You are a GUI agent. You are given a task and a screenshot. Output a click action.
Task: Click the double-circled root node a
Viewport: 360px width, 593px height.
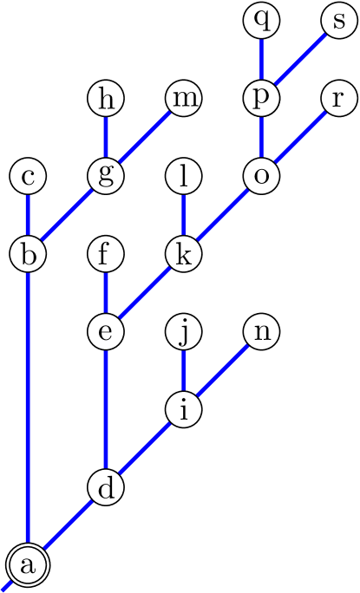[28, 566]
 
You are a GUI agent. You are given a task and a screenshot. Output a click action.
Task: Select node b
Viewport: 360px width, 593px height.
[28, 255]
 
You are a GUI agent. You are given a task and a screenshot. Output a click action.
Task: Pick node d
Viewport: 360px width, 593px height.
[106, 488]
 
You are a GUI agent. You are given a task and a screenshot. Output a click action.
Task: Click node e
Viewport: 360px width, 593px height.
[106, 332]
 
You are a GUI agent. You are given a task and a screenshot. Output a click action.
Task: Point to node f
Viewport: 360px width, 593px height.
[106, 255]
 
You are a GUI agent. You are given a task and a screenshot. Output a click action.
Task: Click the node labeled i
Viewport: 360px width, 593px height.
[183, 410]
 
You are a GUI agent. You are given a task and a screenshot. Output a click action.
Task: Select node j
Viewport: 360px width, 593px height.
[183, 332]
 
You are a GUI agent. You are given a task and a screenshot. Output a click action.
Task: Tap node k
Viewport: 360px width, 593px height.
[183, 255]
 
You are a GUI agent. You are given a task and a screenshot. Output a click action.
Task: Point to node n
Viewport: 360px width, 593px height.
[261, 332]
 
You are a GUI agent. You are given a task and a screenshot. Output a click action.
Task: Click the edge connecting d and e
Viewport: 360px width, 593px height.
[106, 410]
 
